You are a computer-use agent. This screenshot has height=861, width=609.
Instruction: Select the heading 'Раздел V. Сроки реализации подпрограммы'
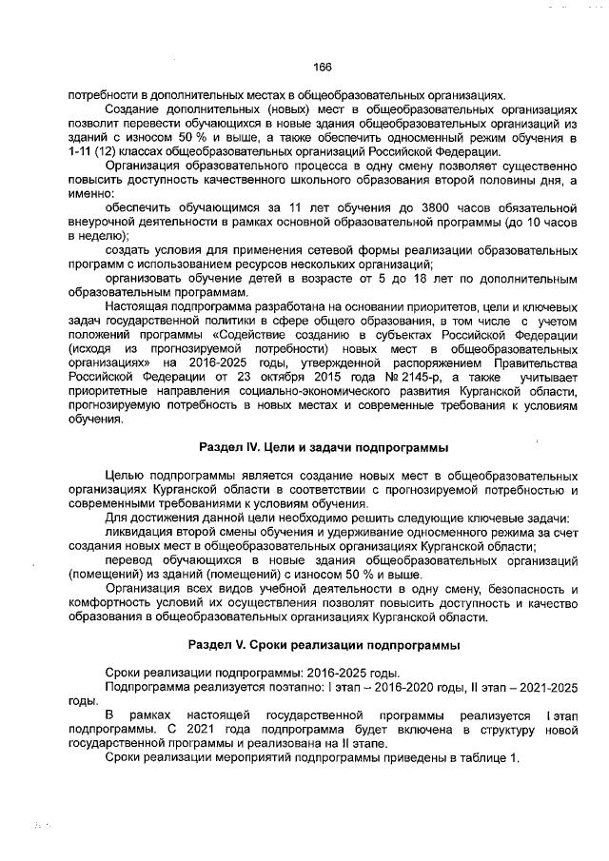[x=324, y=645]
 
